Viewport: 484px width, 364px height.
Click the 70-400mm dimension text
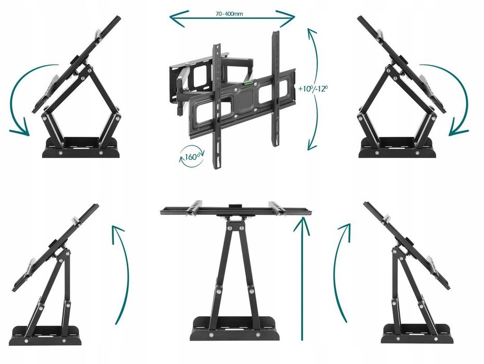coord(229,14)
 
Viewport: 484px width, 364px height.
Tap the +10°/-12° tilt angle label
coord(312,88)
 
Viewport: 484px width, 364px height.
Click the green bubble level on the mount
coord(249,83)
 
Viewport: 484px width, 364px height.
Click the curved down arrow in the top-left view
coord(14,93)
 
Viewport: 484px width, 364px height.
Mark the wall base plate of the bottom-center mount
coord(234,328)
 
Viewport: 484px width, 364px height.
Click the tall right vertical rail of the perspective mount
coord(276,88)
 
